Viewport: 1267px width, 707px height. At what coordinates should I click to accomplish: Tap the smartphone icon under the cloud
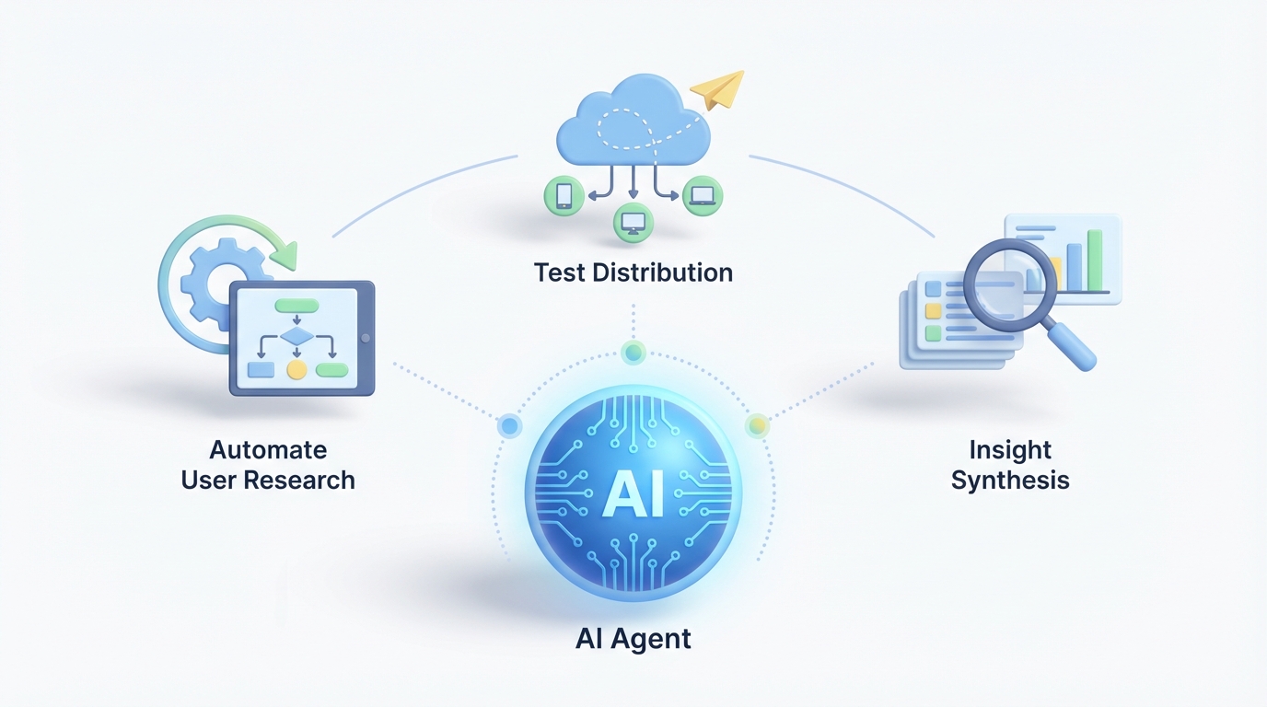click(x=564, y=196)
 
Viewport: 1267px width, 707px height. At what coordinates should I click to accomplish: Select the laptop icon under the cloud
click(x=703, y=195)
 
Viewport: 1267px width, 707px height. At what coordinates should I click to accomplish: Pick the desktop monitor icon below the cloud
click(x=633, y=222)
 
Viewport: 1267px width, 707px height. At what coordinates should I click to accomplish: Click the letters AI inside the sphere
click(x=633, y=496)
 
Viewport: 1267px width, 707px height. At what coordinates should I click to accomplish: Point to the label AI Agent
click(x=633, y=638)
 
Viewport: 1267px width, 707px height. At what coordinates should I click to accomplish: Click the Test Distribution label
click(x=633, y=272)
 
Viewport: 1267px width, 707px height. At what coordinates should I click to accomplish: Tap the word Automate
click(x=268, y=450)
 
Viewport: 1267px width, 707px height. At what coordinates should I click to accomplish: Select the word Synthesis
click(x=1010, y=480)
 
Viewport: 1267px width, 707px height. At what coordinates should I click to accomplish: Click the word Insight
click(x=1010, y=450)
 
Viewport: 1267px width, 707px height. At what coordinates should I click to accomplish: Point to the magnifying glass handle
click(x=1074, y=349)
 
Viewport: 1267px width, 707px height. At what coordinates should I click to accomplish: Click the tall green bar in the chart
click(x=1095, y=260)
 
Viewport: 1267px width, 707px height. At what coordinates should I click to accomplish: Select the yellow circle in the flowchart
click(x=296, y=370)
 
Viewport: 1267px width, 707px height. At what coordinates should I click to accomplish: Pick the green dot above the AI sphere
click(x=633, y=352)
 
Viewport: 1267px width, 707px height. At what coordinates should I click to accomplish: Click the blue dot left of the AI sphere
click(x=509, y=425)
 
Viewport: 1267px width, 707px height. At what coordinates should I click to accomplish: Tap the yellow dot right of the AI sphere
click(x=757, y=425)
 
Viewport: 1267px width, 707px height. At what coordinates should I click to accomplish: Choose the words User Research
click(x=268, y=480)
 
